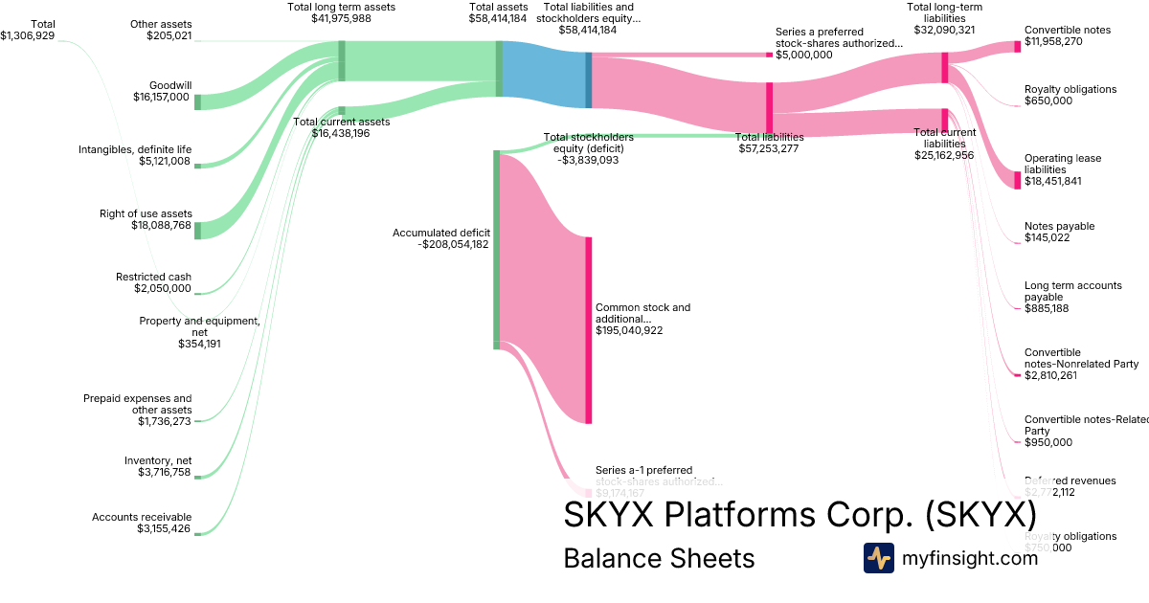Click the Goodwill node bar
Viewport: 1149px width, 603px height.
[x=197, y=102]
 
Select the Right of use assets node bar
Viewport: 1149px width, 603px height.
[x=197, y=230]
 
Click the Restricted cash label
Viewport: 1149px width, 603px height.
[x=153, y=278]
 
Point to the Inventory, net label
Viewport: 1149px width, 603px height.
[x=158, y=460]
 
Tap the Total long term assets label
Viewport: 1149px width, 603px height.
[x=341, y=7]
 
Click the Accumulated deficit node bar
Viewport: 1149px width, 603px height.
[x=496, y=249]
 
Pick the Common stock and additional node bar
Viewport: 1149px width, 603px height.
[x=589, y=329]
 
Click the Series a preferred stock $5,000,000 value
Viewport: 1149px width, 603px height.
[x=804, y=55]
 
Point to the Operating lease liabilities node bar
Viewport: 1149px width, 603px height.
[x=1018, y=180]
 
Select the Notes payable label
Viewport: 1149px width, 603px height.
[x=1059, y=226]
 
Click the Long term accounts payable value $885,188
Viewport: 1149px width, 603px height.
[x=1048, y=308]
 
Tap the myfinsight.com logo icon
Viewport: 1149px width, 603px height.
[x=878, y=558]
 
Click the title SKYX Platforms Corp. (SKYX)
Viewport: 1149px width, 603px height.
[x=800, y=515]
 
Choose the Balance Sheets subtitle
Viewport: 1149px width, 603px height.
[x=659, y=558]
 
